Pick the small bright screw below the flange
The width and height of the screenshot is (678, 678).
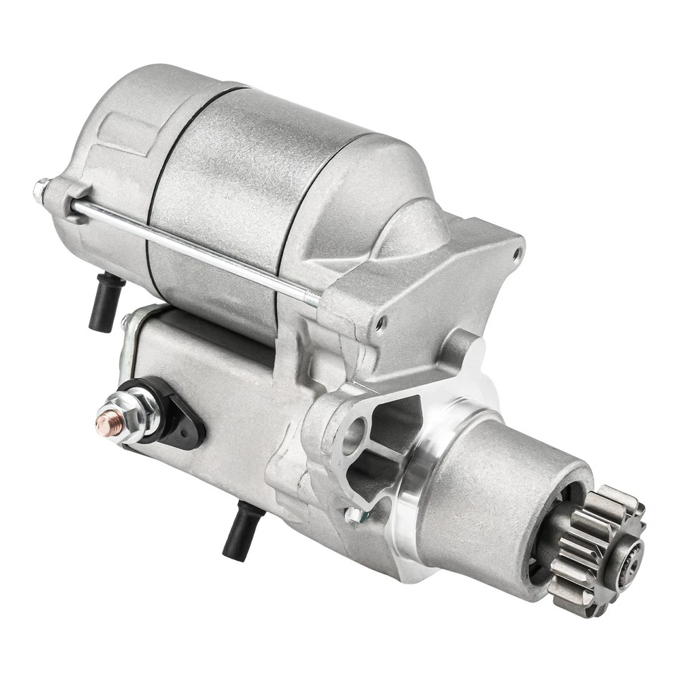pyautogui.click(x=353, y=514)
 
